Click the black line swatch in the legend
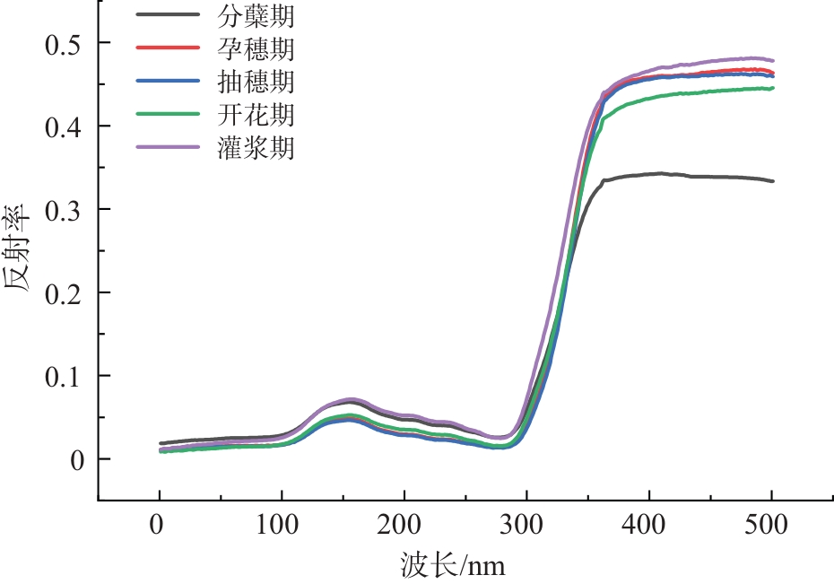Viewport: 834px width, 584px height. pyautogui.click(x=167, y=15)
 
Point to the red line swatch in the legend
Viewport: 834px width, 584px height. pyautogui.click(x=167, y=48)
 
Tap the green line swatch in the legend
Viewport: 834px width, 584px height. pyautogui.click(x=167, y=115)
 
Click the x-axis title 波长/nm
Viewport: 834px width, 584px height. pyautogui.click(x=460, y=565)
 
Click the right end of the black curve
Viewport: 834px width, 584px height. pyautogui.click(x=773, y=181)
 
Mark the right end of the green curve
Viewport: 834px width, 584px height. pyautogui.click(x=773, y=88)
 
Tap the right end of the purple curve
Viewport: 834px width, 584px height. pyautogui.click(x=773, y=60)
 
